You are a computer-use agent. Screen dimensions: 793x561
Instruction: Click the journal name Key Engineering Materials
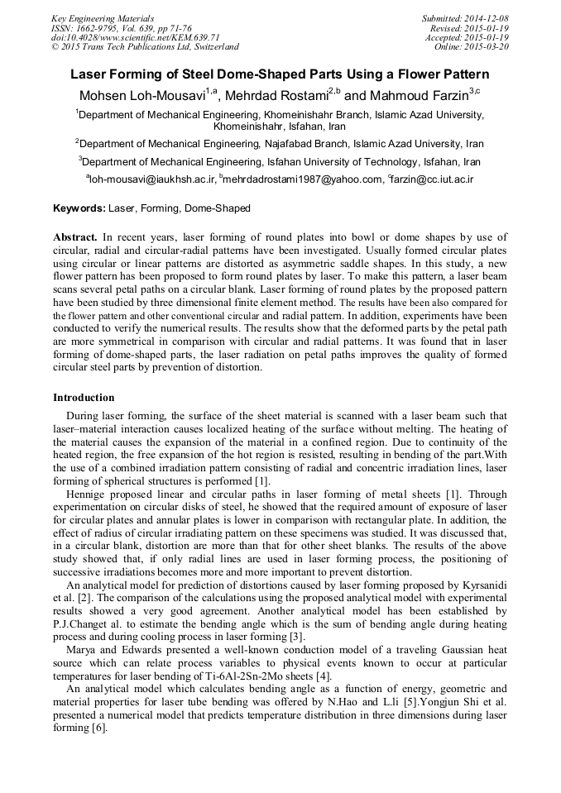point(103,18)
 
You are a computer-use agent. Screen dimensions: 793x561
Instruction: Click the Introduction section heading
point(84,398)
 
